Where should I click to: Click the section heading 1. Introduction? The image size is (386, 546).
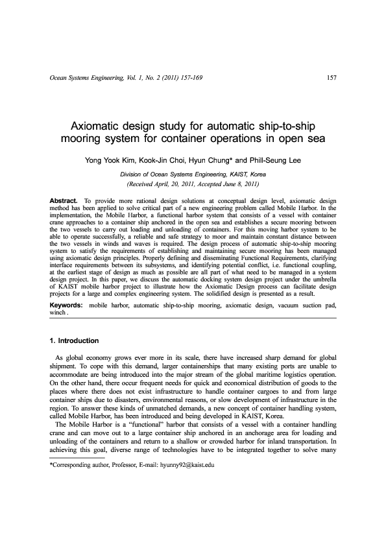(74, 340)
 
